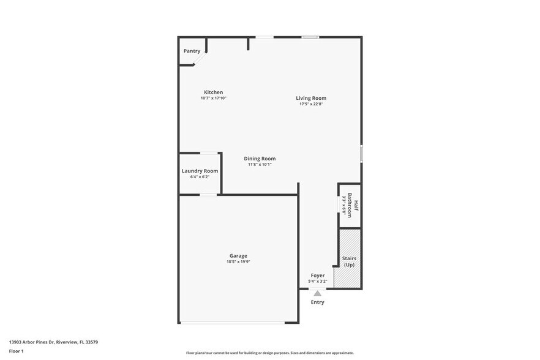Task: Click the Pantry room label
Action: [192, 51]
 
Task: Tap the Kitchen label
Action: [213, 92]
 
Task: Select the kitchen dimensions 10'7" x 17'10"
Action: [213, 98]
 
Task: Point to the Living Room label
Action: [311, 98]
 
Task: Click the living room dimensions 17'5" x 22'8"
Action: [311, 104]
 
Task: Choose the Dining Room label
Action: [260, 159]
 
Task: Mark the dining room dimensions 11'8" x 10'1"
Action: [260, 164]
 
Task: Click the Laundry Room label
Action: [200, 171]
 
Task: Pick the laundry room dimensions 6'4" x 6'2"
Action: [200, 177]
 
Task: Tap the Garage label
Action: [238, 256]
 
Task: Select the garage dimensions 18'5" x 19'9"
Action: [238, 262]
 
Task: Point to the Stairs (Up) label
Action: [349, 261]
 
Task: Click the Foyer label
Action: [318, 276]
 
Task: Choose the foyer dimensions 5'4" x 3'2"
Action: [318, 282]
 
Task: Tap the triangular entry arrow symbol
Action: [317, 293]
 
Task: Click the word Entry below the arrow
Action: [318, 302]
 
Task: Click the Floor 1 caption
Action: [16, 351]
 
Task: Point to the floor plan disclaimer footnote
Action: [269, 353]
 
